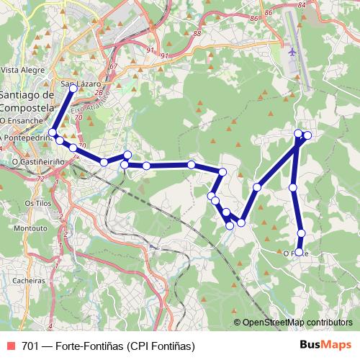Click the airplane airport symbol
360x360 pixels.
pyautogui.click(x=292, y=52)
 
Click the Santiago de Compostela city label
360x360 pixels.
pyautogui.click(x=27, y=102)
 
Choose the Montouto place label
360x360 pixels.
pyautogui.click(x=31, y=228)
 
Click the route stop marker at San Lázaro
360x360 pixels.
pyautogui.click(x=73, y=89)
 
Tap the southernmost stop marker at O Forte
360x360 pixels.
pyautogui.click(x=300, y=251)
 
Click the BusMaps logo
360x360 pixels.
pyautogui.click(x=325, y=346)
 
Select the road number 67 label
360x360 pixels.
pyautogui.click(x=113, y=66)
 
